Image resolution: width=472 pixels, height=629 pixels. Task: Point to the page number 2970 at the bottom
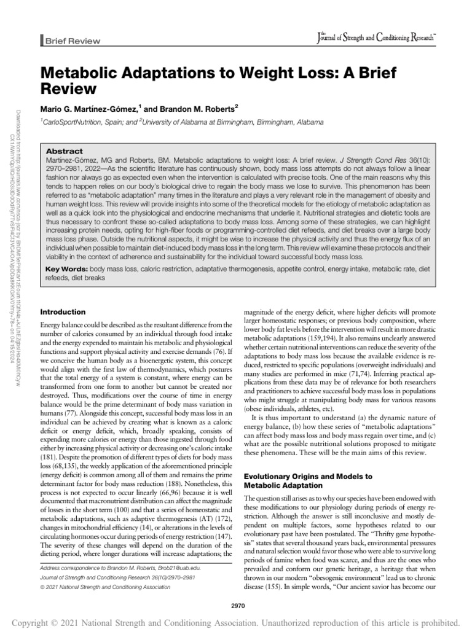[x=236, y=588]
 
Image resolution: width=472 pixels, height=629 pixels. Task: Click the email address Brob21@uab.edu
[x=179, y=569]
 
